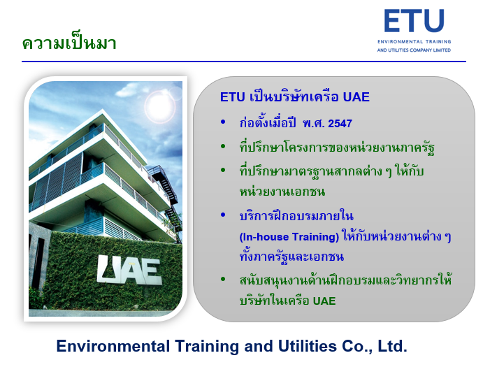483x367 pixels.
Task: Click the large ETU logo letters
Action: click(x=414, y=21)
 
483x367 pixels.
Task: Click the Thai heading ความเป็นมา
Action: click(x=69, y=43)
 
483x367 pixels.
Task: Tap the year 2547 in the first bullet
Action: click(x=340, y=124)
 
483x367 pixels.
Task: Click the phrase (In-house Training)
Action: click(x=289, y=237)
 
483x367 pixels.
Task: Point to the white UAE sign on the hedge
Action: click(x=129, y=270)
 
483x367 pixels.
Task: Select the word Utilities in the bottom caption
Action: click(x=307, y=346)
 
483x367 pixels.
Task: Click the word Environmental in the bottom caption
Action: click(x=113, y=346)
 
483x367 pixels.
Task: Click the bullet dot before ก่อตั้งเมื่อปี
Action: click(x=223, y=122)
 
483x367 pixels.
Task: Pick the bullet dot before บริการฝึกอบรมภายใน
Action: click(x=223, y=215)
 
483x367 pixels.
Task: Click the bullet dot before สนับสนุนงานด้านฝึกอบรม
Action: click(x=223, y=279)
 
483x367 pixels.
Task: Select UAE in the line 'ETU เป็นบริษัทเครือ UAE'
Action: click(x=356, y=97)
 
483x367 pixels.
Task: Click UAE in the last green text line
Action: click(x=324, y=301)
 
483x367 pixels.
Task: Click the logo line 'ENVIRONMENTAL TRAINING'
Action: click(x=414, y=42)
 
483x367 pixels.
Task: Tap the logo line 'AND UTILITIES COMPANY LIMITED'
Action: click(x=414, y=50)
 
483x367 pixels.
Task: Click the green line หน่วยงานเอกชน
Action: click(x=282, y=192)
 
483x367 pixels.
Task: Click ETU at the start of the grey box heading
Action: click(x=232, y=97)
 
